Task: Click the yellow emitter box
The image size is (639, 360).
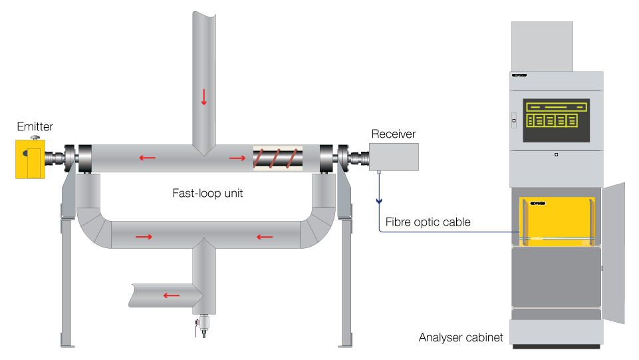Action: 31,158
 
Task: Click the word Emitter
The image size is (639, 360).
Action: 35,126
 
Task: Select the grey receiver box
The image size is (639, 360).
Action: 394,158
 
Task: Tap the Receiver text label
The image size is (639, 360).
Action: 394,134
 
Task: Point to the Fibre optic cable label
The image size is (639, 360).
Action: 428,222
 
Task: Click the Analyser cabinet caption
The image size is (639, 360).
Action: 461,337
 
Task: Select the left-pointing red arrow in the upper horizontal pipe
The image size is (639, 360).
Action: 148,158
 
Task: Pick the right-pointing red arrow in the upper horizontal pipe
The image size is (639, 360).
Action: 237,158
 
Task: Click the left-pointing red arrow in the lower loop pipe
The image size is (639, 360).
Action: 265,236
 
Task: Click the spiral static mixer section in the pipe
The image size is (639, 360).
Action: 277,159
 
